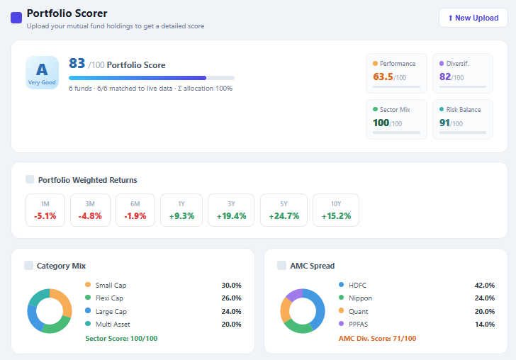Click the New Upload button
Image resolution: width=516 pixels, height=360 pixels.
tap(473, 18)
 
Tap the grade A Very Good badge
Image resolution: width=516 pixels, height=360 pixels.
tap(42, 73)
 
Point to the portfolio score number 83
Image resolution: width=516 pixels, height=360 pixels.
tap(77, 64)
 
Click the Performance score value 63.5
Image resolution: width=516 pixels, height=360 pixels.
tap(383, 77)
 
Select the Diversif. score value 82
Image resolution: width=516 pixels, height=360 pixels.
tap(445, 77)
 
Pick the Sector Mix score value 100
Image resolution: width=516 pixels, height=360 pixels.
tap(381, 123)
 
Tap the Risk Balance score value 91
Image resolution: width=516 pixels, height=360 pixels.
tap(445, 123)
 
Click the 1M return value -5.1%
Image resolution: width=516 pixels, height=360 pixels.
tap(45, 216)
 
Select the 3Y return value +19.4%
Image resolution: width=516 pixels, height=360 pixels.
tap(231, 216)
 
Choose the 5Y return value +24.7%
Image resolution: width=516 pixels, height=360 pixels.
tap(284, 216)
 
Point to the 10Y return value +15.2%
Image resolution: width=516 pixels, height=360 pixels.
tap(336, 216)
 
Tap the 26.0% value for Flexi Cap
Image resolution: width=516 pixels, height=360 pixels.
tap(231, 298)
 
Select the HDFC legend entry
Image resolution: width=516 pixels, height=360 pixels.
tap(357, 285)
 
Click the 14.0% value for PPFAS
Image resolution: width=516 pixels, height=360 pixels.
tap(485, 324)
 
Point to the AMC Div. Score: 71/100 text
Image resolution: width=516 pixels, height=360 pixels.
tap(378, 339)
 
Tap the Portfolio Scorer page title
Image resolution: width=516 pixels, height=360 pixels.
tap(67, 13)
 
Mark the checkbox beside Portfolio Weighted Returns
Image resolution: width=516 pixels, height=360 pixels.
tap(29, 179)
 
